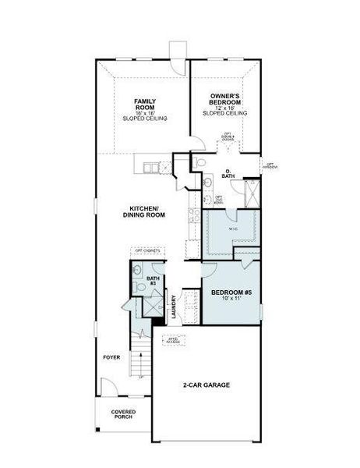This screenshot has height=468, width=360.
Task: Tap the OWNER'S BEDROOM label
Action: pyautogui.click(x=225, y=99)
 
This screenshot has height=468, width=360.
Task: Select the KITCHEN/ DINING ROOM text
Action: pyautogui.click(x=144, y=211)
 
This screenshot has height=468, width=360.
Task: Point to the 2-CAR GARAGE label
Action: pyautogui.click(x=206, y=385)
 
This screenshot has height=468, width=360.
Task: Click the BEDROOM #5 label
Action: pyautogui.click(x=231, y=293)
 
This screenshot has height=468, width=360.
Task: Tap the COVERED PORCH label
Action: pyautogui.click(x=122, y=413)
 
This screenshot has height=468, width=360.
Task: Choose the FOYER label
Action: pyautogui.click(x=111, y=357)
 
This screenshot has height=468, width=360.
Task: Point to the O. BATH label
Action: pyautogui.click(x=228, y=174)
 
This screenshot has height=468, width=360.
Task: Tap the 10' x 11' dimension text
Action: pyautogui.click(x=231, y=300)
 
